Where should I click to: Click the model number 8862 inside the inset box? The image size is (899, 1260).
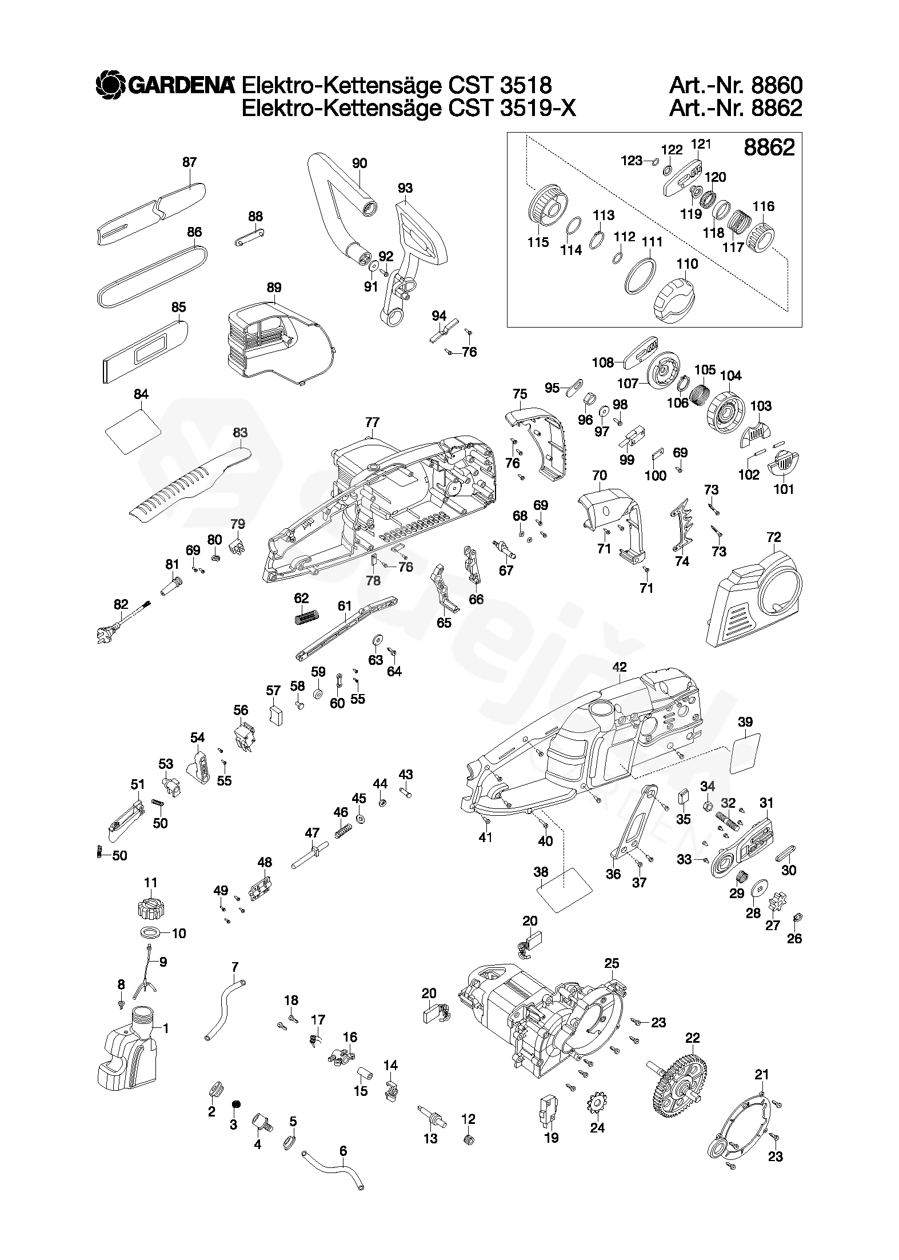coord(769,147)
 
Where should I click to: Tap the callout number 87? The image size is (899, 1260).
coord(189,162)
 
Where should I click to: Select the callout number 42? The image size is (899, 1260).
coord(619,667)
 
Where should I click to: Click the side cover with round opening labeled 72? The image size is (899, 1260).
coord(754,598)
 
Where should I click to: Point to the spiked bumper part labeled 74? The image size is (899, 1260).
coord(682,525)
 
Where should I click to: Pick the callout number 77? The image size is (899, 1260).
coord(372,422)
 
